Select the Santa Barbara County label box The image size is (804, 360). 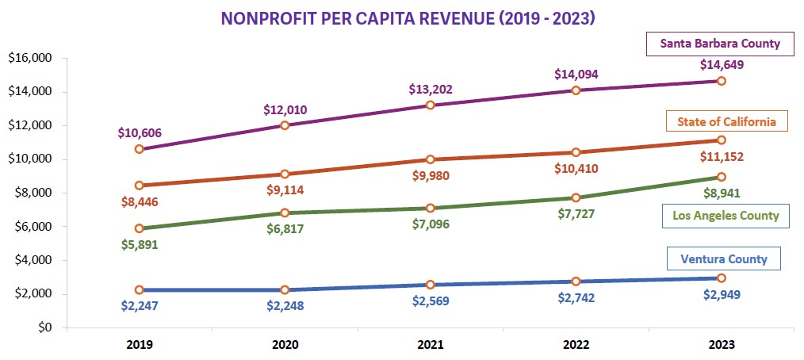(720, 44)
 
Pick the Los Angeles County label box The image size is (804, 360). (725, 216)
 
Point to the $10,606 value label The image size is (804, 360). (140, 131)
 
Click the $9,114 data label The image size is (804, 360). (285, 190)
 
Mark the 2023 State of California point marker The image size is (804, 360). (721, 140)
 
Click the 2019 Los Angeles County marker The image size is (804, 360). (140, 228)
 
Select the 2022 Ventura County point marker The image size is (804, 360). (576, 281)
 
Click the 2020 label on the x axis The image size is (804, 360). (285, 346)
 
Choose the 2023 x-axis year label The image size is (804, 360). (721, 346)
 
